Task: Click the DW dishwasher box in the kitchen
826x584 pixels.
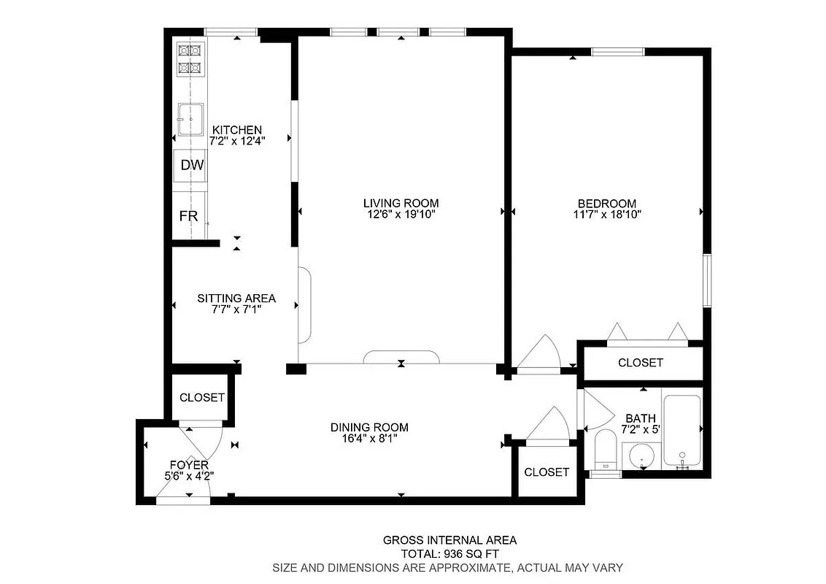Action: (192, 166)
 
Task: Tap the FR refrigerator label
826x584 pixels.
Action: (189, 216)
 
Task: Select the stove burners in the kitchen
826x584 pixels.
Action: (190, 59)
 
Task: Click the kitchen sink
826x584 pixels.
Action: (190, 119)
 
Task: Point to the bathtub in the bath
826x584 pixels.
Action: (682, 430)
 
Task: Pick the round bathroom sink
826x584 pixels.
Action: (643, 457)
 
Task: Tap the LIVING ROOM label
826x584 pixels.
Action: (401, 203)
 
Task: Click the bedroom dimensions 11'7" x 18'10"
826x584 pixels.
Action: (607, 215)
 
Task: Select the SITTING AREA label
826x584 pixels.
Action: (236, 298)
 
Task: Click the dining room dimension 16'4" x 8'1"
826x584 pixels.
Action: (369, 439)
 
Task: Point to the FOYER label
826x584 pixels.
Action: (189, 464)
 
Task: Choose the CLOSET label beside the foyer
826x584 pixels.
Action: (202, 398)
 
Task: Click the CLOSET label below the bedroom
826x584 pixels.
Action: (641, 363)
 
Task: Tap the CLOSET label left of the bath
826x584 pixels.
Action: (547, 472)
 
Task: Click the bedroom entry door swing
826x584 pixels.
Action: (539, 356)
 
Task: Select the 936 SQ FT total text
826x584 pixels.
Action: (449, 554)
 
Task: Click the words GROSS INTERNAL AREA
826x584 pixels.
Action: (449, 540)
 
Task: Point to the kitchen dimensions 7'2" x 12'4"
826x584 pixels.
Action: (236, 142)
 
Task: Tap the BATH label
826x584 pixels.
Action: (640, 418)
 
